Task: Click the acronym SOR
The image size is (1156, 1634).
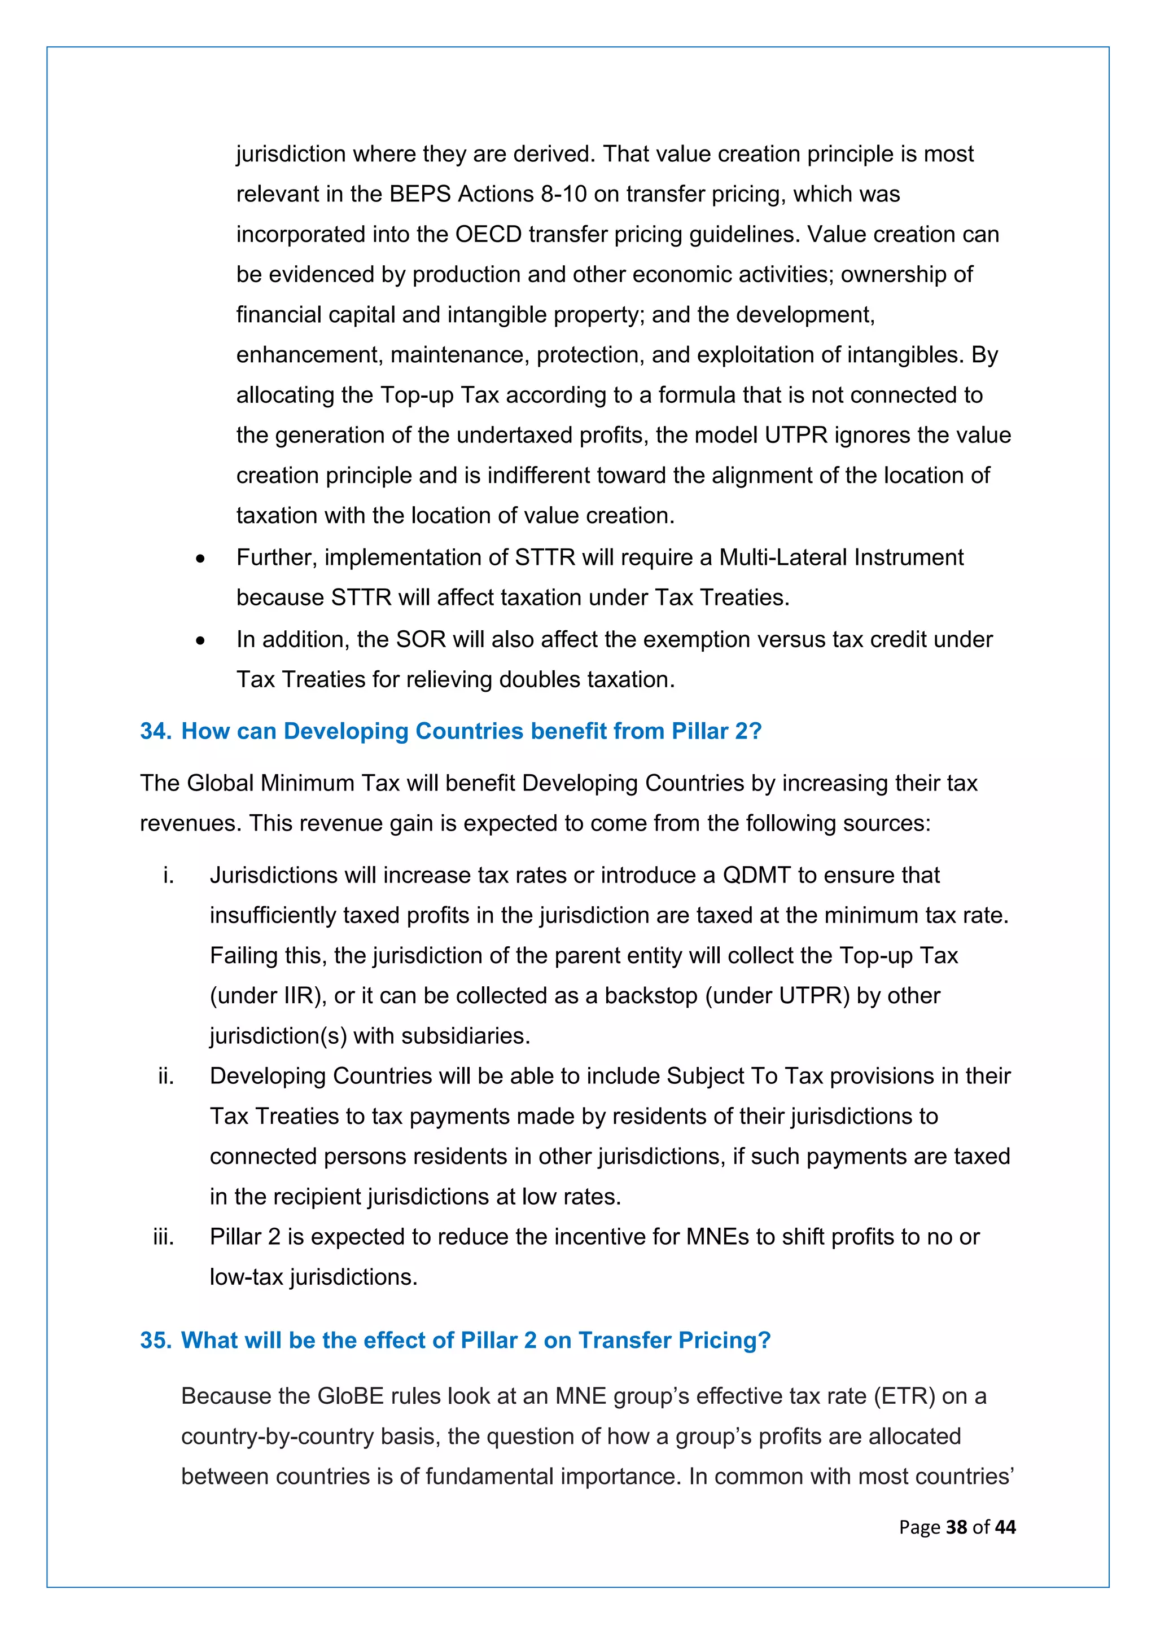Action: click(421, 639)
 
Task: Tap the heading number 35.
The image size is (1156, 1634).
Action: click(155, 1340)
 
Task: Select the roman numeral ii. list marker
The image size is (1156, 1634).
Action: click(166, 1076)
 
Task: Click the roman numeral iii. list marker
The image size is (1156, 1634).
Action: click(164, 1237)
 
